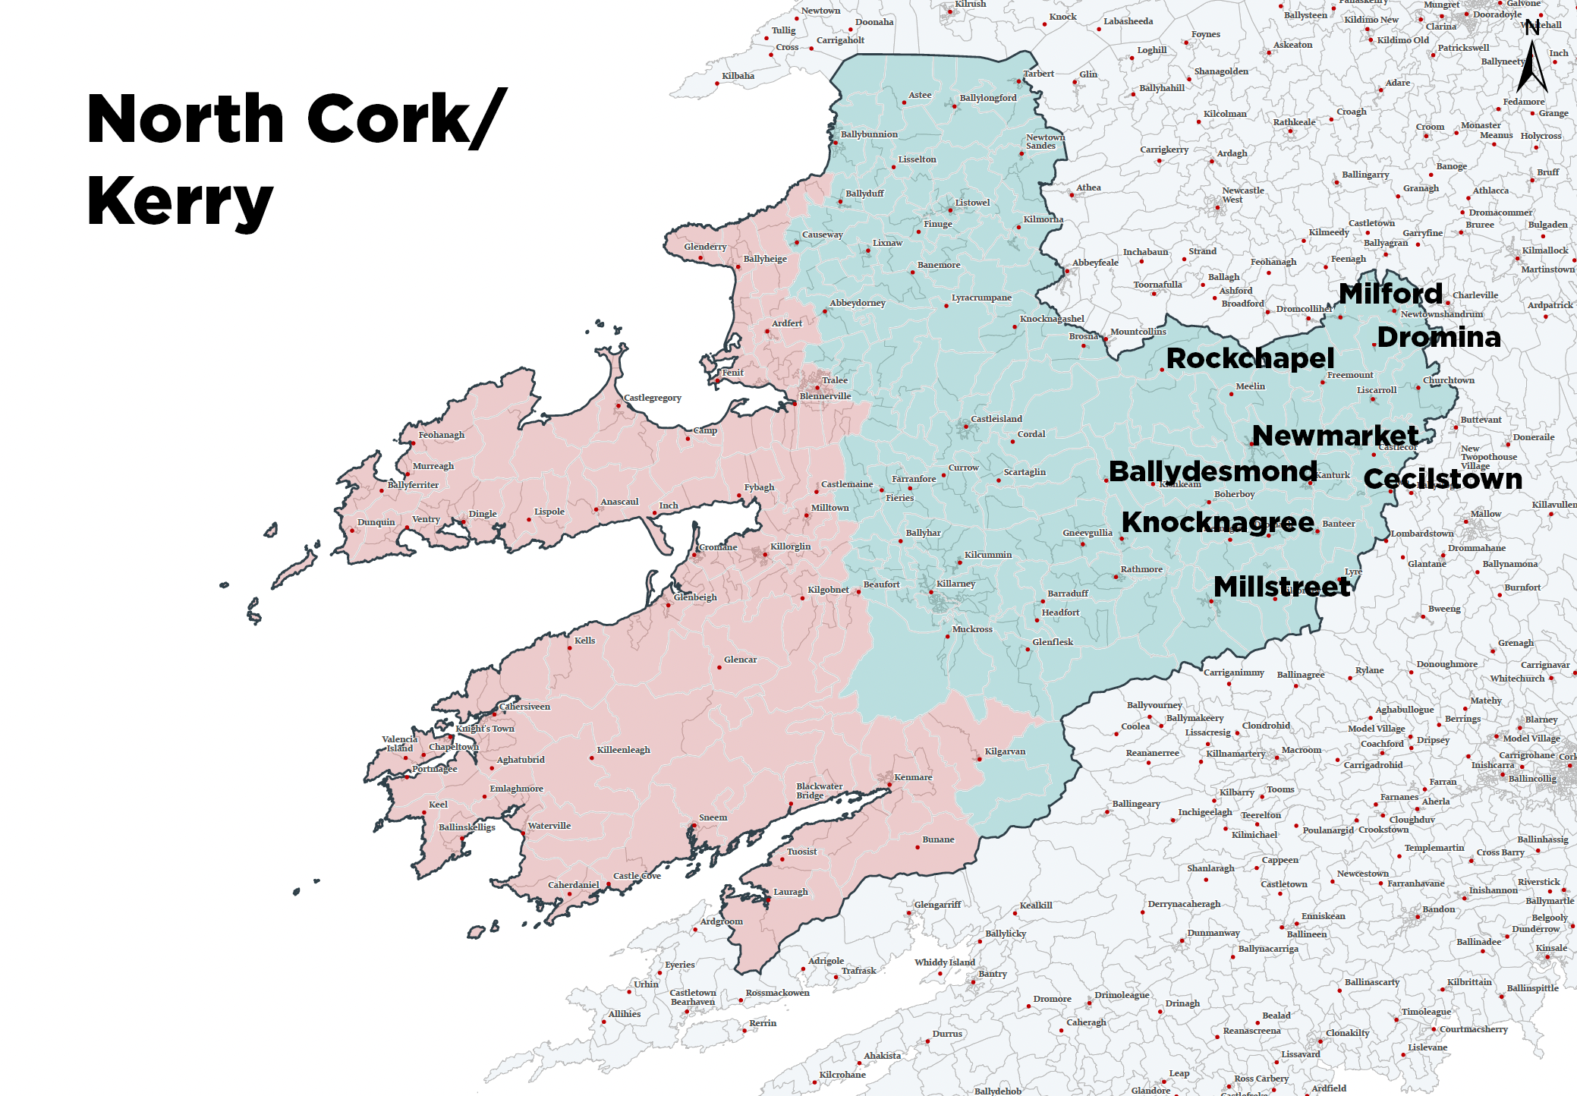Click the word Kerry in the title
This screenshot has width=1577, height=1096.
pos(180,201)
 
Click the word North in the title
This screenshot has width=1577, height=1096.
pos(186,119)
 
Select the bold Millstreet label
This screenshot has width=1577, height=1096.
pos(1282,587)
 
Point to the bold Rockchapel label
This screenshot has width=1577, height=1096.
pos(1250,358)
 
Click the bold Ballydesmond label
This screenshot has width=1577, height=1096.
pos(1213,471)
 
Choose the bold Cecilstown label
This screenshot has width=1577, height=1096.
pos(1443,479)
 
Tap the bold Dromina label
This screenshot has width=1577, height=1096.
pos(1439,337)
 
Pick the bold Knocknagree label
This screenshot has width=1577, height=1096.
pos(1217,522)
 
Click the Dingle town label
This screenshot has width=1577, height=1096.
pos(483,514)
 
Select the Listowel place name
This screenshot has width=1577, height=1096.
pos(972,203)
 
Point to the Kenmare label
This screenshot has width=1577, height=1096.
pos(913,777)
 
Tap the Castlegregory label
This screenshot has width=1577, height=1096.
pos(652,398)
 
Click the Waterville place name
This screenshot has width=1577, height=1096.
pos(549,826)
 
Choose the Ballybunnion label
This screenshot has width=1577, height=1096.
pos(869,134)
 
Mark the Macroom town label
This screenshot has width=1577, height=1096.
pos(1302,750)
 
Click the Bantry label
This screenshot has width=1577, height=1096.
pos(993,974)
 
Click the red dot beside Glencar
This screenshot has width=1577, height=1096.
pos(719,668)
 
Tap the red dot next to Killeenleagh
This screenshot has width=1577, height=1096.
pos(592,757)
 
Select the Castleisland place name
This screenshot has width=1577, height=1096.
pos(996,419)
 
